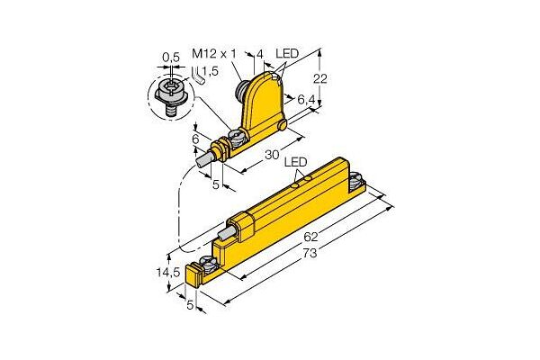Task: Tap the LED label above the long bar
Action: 295,162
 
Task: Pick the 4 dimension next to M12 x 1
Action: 260,56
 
